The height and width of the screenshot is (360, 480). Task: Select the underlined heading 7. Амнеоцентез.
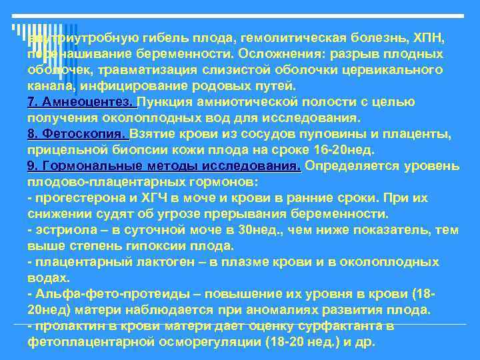click(81, 102)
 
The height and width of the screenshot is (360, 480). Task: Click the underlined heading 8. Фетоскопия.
click(78, 134)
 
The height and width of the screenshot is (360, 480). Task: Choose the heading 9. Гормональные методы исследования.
click(164, 166)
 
